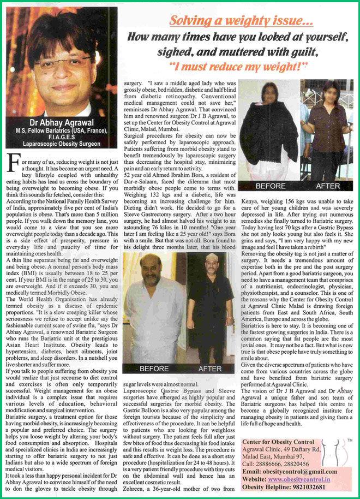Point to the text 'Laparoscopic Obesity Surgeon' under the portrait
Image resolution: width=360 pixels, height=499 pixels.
61,145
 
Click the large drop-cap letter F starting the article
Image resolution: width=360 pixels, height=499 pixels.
13,163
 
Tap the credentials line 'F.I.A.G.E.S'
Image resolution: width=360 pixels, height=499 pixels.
61,137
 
